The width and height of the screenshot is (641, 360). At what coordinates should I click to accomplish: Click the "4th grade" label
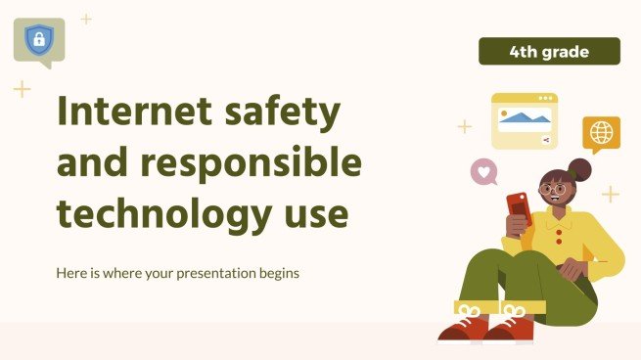(549, 51)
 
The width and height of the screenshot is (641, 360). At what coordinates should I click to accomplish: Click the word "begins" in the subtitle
(277, 273)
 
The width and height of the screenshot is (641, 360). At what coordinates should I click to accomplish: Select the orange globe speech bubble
(601, 133)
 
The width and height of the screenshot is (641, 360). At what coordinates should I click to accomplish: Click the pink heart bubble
(483, 172)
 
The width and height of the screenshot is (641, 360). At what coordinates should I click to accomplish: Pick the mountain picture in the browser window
(524, 119)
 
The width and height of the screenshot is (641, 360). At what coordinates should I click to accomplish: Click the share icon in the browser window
(545, 141)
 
